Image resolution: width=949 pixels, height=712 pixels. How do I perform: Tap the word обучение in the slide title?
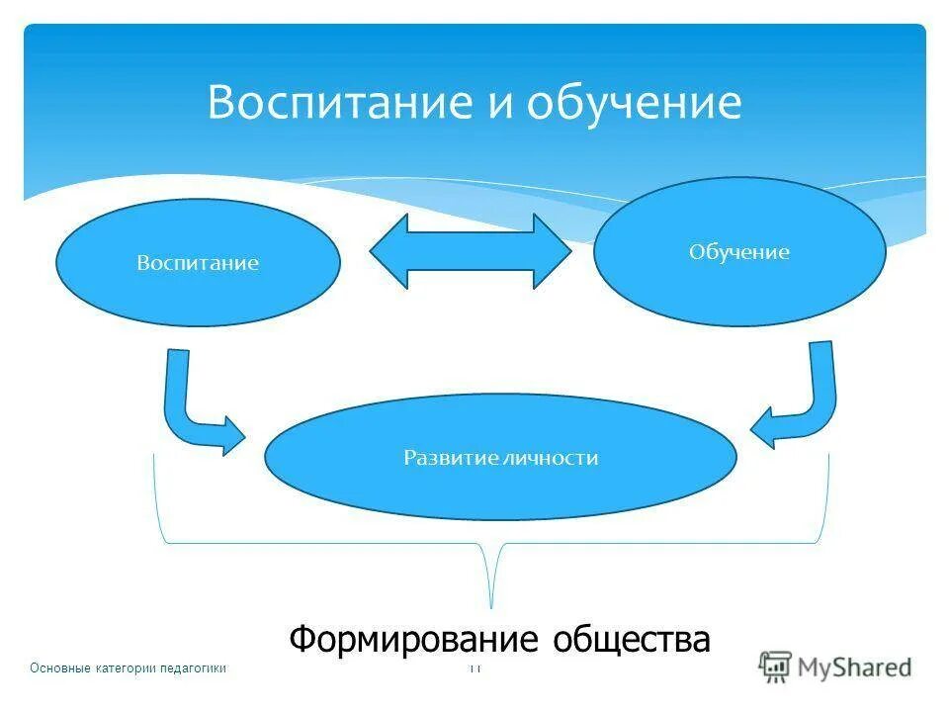coord(634,103)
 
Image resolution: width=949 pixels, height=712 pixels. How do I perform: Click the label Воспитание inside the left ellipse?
coord(198,264)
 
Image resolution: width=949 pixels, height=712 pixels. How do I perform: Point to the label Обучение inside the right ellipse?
coord(739,253)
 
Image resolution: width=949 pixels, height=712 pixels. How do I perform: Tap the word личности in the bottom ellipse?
coord(551,458)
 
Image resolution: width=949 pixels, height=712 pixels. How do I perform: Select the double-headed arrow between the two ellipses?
coord(471,251)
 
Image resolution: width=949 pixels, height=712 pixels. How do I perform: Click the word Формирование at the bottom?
coord(414,640)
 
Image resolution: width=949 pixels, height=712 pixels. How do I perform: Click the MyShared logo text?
coord(854,667)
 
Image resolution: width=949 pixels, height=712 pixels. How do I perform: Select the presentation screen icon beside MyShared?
coord(775,667)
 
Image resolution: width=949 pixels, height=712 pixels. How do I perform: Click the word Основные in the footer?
coord(60,668)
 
